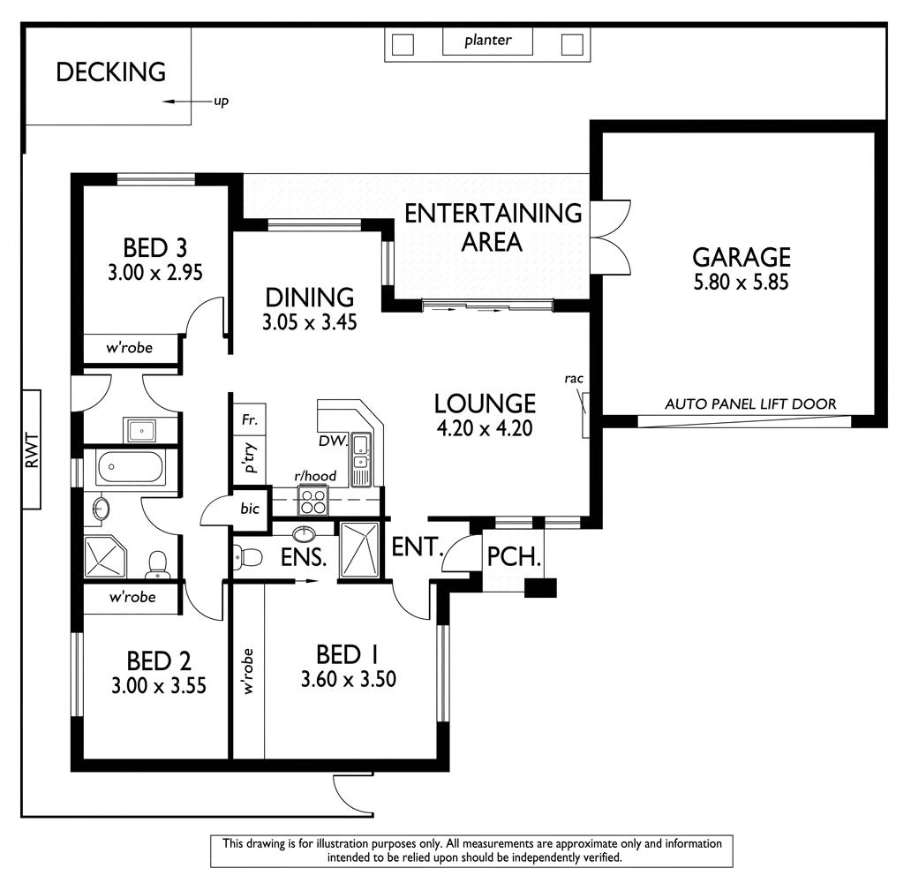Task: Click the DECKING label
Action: [x=110, y=72]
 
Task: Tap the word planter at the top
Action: [x=487, y=41]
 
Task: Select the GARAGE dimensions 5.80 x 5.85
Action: [x=741, y=283]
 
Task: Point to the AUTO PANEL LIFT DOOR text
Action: [x=749, y=404]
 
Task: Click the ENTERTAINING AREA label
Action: [x=493, y=227]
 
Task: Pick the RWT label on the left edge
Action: [x=31, y=449]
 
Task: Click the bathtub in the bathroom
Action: [x=132, y=467]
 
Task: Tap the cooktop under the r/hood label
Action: [x=312, y=501]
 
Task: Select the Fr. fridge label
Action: [x=248, y=420]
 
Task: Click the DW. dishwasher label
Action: [x=332, y=440]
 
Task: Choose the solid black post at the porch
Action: [x=540, y=588]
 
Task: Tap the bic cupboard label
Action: [x=251, y=509]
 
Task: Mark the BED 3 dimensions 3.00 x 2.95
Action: [x=154, y=273]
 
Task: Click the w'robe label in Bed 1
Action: [x=248, y=671]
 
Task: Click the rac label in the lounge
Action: [x=575, y=379]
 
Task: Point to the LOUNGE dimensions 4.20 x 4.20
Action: [x=485, y=429]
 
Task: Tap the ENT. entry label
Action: [x=416, y=547]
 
